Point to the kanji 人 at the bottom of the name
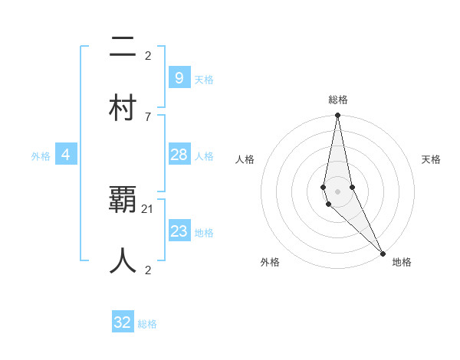(123, 261)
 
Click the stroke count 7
(148, 116)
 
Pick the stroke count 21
(148, 208)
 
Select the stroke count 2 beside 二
(148, 55)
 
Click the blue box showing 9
(179, 77)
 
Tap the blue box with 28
(179, 155)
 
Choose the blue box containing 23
(179, 231)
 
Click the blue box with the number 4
(66, 155)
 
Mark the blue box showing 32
(123, 322)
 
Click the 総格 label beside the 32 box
(147, 324)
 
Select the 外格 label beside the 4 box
(41, 156)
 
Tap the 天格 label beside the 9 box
(204, 79)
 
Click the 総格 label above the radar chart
(337, 100)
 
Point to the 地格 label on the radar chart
(402, 262)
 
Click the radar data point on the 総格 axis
(337, 116)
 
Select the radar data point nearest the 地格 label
(383, 253)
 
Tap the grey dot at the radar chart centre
(337, 191)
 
